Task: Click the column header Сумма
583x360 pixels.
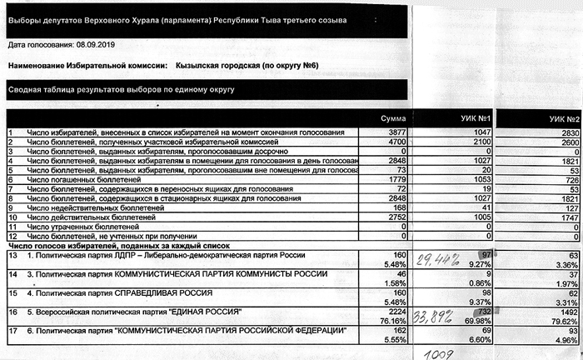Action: pos(392,118)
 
